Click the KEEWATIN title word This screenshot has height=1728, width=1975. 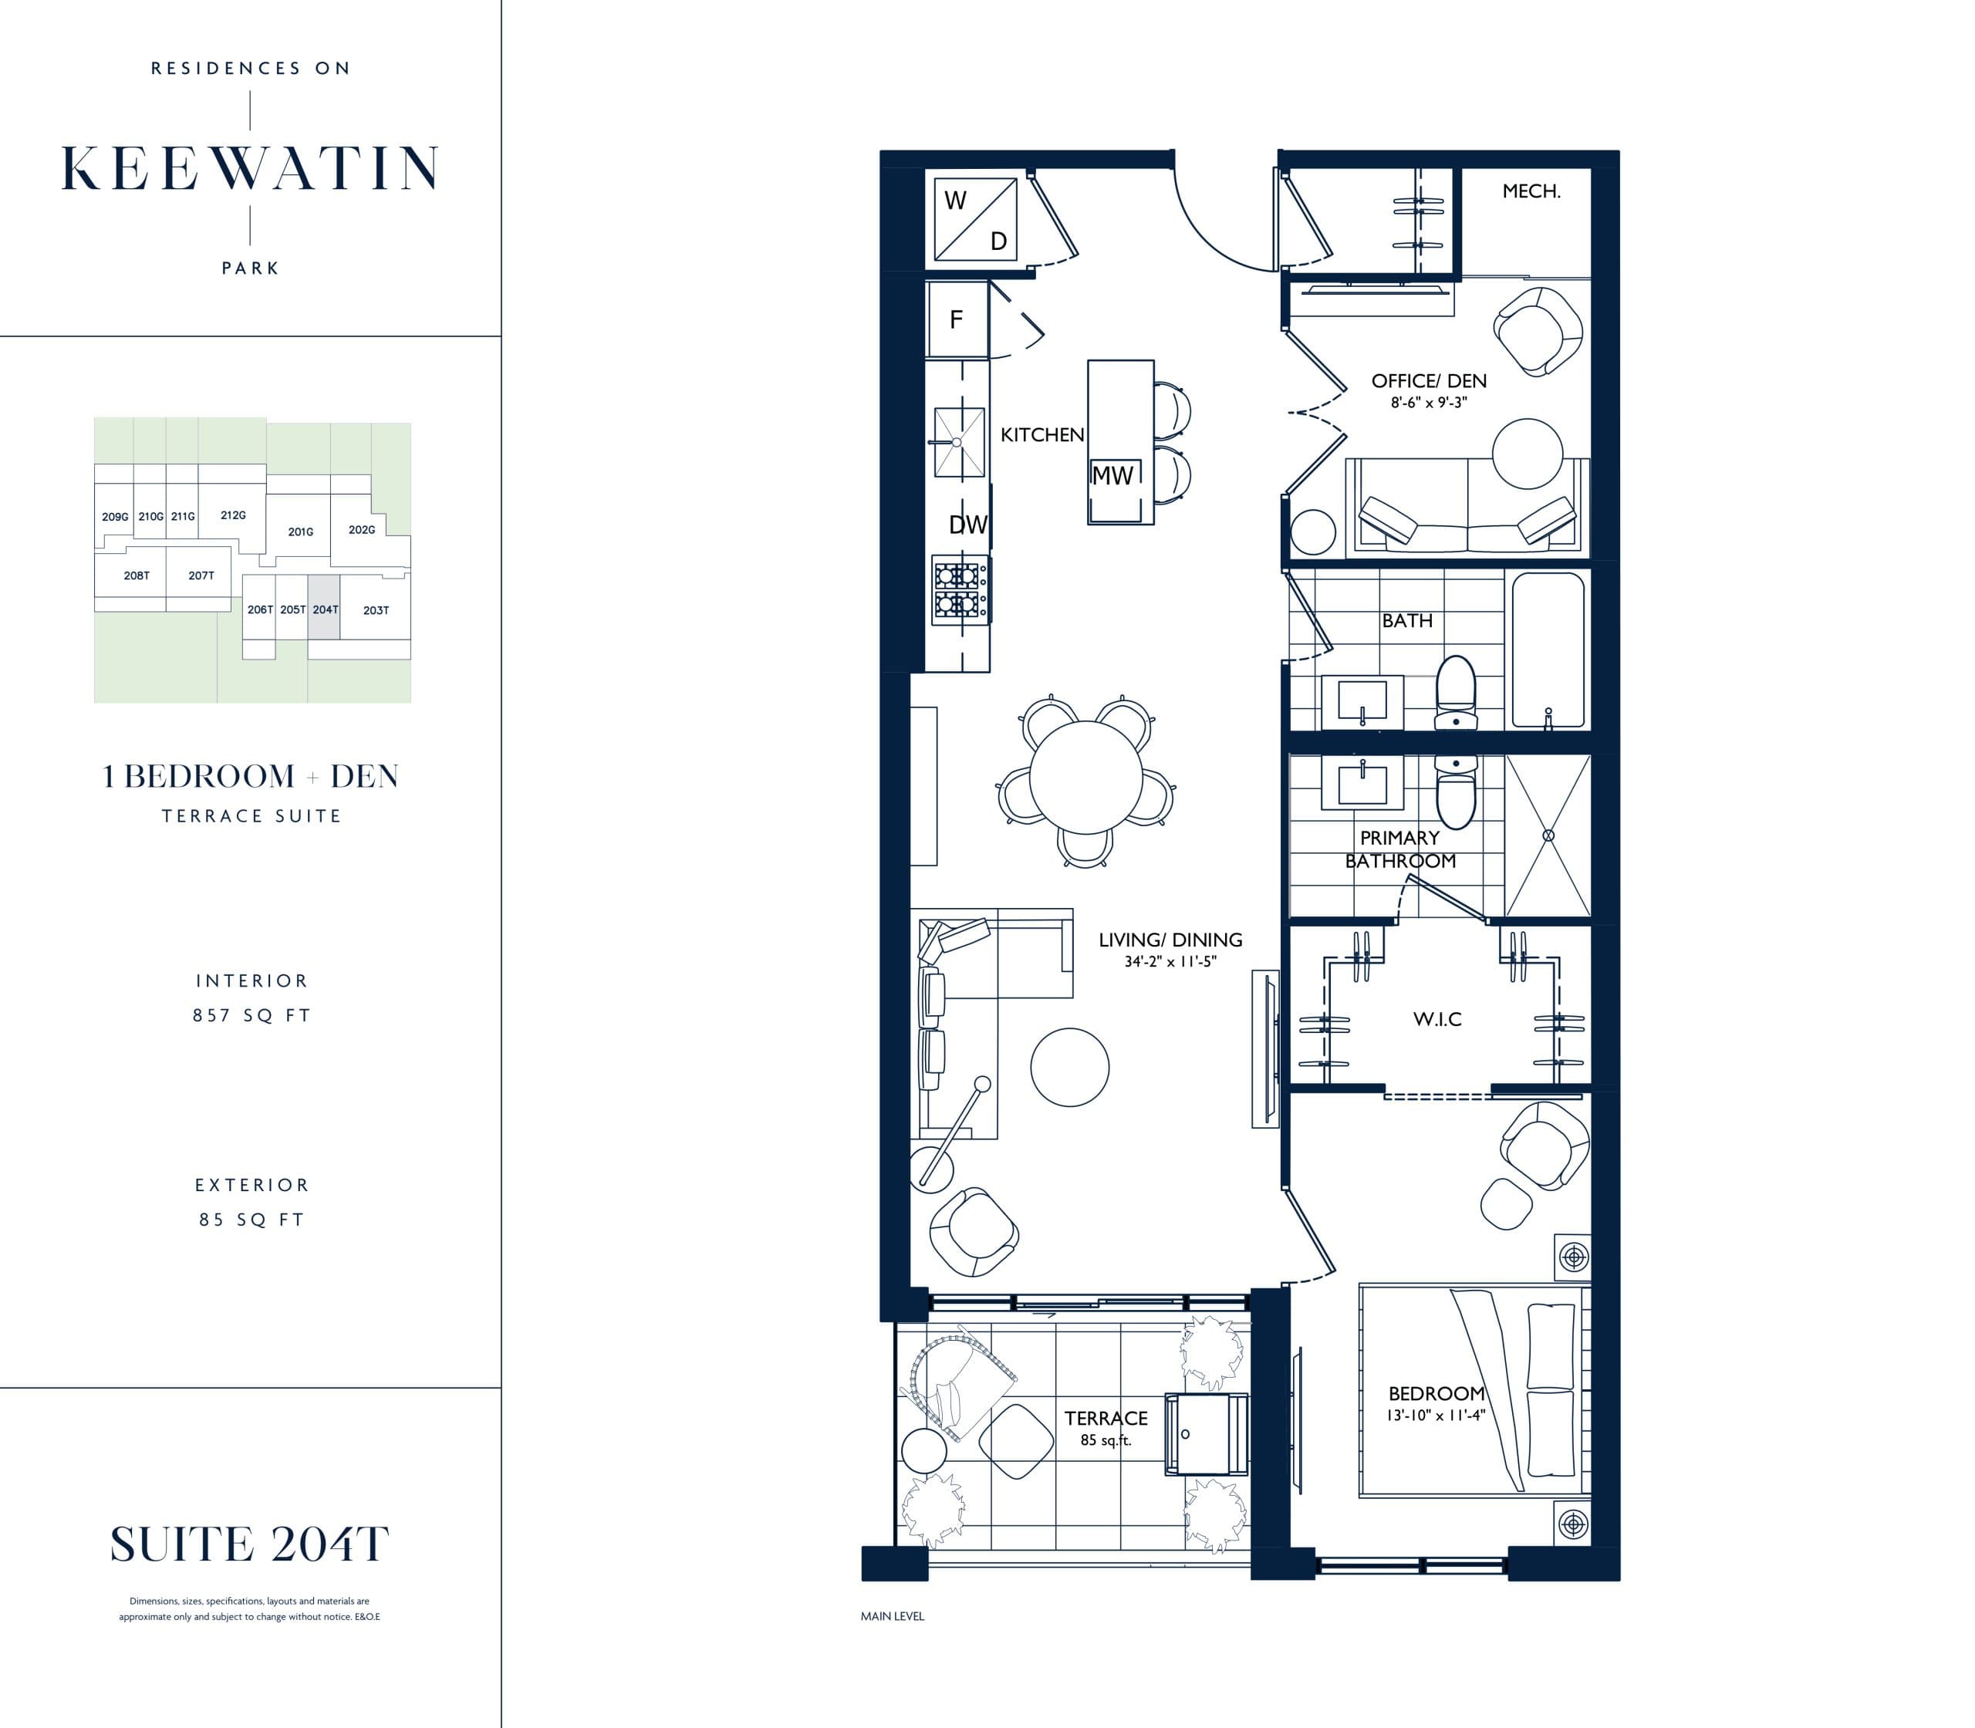point(250,169)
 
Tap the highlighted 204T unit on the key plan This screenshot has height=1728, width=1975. point(325,609)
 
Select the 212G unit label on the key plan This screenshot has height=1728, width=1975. point(232,515)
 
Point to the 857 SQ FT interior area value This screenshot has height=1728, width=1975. point(252,1015)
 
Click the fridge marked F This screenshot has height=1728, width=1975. point(957,319)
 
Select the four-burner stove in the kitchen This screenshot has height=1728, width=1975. point(958,590)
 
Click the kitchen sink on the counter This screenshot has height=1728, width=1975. point(958,441)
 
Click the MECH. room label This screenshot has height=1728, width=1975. point(1531,191)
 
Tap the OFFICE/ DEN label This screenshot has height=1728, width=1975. point(1428,381)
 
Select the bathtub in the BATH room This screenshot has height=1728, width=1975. point(1547,649)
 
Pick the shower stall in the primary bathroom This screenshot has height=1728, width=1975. point(1547,835)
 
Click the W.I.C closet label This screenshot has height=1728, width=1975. point(1437,1019)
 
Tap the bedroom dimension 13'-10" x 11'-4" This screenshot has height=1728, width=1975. point(1436,1416)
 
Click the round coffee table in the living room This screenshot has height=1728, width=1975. point(1069,1066)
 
